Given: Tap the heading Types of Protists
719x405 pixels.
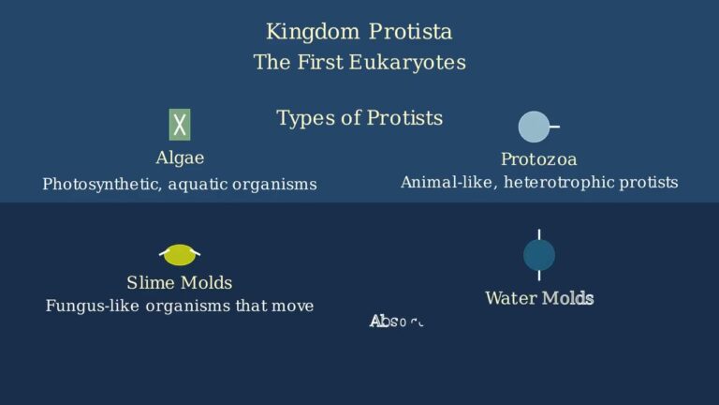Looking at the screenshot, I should (359, 118).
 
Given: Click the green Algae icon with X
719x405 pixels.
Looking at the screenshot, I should (180, 124).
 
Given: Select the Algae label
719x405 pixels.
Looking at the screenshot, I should (180, 157).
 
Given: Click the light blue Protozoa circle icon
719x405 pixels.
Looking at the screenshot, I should (534, 127).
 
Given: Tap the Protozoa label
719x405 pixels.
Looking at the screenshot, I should (538, 159).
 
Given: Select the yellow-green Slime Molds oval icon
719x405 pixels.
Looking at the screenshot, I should (180, 254).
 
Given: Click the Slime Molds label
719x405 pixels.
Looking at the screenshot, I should (180, 282).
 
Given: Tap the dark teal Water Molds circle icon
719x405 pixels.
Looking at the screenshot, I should (539, 255).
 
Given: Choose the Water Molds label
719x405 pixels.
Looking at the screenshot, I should (539, 298).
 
